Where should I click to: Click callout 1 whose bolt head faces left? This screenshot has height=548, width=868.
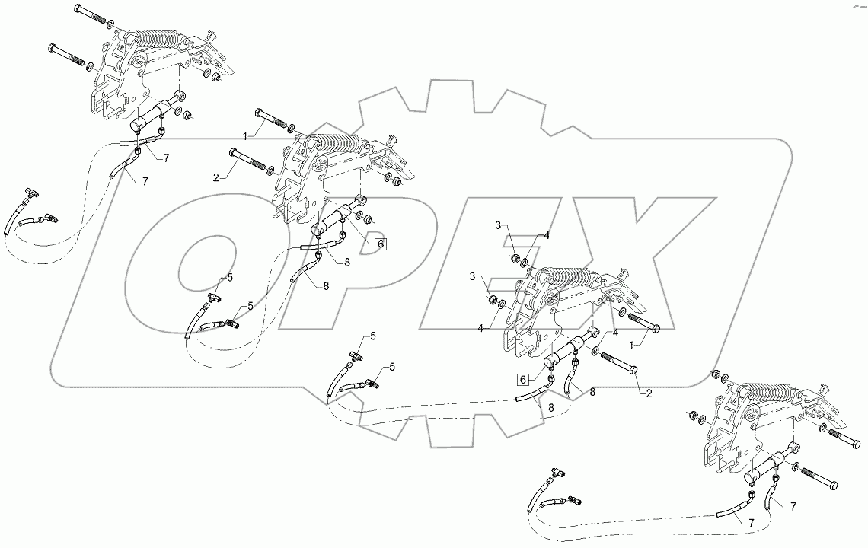[244, 135]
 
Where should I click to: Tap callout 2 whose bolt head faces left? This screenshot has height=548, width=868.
[217, 177]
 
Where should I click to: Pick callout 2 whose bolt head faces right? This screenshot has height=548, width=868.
[648, 393]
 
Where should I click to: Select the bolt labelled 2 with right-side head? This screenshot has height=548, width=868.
[619, 364]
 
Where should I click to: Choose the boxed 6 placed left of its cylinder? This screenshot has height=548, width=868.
[523, 379]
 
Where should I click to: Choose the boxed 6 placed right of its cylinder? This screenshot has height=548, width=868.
[381, 244]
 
